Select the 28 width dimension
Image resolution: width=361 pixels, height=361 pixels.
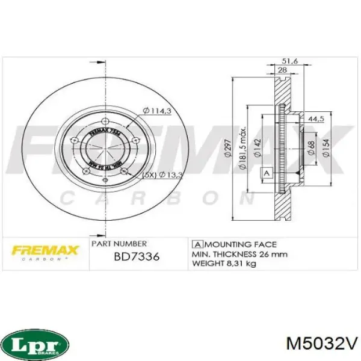pos(281,71)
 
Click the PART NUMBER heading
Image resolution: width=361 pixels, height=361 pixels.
pos(119,244)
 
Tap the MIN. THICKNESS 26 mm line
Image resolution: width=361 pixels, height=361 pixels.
pos(239,254)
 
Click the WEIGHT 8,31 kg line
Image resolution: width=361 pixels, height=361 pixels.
pos(224,264)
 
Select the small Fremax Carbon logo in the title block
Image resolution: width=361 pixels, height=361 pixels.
pos(43,251)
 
